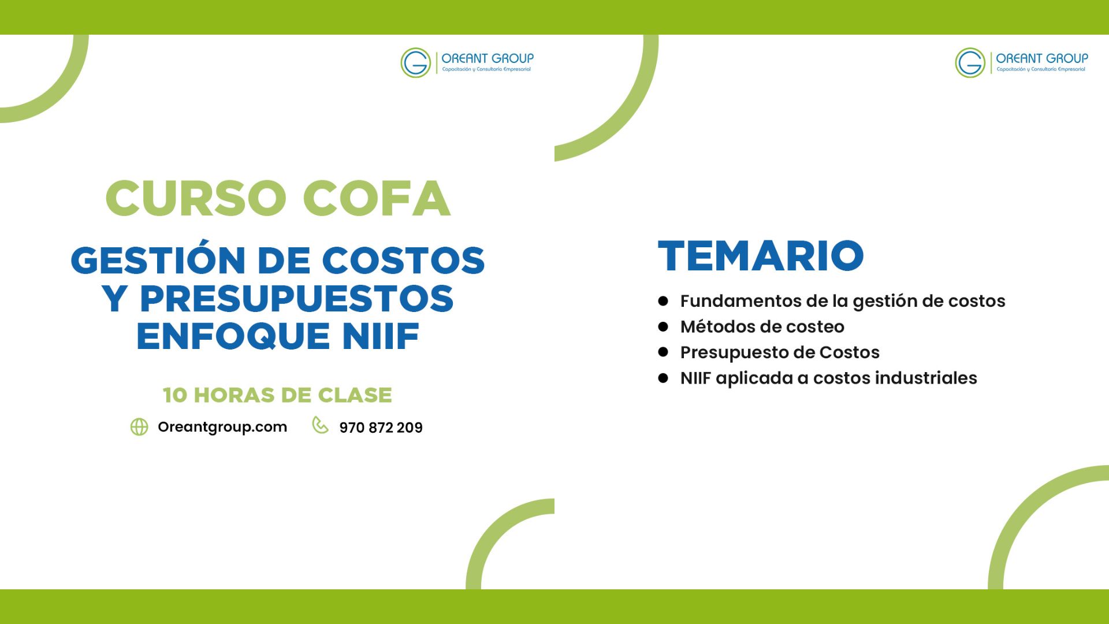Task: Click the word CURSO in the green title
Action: pyautogui.click(x=196, y=198)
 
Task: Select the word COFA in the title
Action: pyautogui.click(x=376, y=198)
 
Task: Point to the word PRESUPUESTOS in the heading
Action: pyautogui.click(x=297, y=298)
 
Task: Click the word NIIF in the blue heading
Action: pyautogui.click(x=381, y=336)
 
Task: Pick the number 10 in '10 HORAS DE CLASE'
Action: pyautogui.click(x=175, y=395)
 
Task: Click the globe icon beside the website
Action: pyautogui.click(x=139, y=427)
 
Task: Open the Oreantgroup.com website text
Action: pyautogui.click(x=222, y=427)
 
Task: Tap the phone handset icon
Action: pyautogui.click(x=320, y=425)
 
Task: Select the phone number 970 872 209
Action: pyautogui.click(x=381, y=428)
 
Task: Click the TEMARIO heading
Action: pyautogui.click(x=761, y=255)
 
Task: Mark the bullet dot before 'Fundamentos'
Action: pyautogui.click(x=663, y=301)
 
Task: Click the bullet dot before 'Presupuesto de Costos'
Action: pyautogui.click(x=663, y=352)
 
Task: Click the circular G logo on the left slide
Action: pyautogui.click(x=416, y=62)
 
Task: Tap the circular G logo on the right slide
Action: pyautogui.click(x=970, y=62)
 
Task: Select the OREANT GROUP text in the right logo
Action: pyautogui.click(x=1042, y=58)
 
